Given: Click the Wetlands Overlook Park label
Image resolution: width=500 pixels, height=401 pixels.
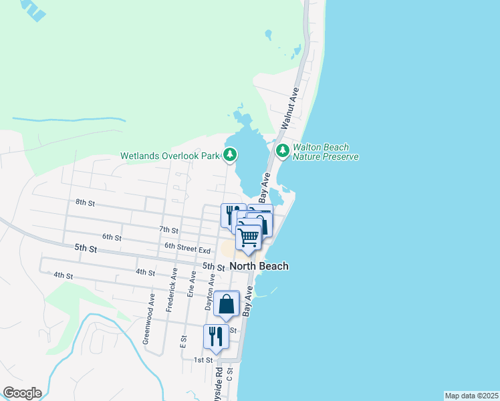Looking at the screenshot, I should pos(170,156).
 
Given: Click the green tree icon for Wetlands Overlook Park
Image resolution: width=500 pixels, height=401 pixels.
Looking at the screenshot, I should pos(231,155).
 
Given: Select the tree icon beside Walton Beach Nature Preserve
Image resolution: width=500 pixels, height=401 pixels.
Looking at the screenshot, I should pos(283,151).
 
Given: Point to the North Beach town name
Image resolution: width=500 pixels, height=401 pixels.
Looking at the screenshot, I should pos(259,266).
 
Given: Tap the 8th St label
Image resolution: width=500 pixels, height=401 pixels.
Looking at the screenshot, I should pos(85,202).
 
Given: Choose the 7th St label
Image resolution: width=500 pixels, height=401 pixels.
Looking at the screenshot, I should pos(168,230).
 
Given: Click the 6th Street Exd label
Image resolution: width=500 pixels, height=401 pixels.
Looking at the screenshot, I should pos(188,248).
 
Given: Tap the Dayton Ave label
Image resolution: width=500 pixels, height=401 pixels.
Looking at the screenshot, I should pos(212,293).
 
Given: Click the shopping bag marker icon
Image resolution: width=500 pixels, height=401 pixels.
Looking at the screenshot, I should pos(227,304).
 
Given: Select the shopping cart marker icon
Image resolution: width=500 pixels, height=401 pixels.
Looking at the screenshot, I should pos(249,237).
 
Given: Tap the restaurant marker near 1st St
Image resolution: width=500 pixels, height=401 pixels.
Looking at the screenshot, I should pos(215,336).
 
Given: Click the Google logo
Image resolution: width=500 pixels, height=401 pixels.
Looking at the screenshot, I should pos(22,393).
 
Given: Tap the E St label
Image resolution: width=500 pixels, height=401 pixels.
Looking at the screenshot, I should pos(183,341).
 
